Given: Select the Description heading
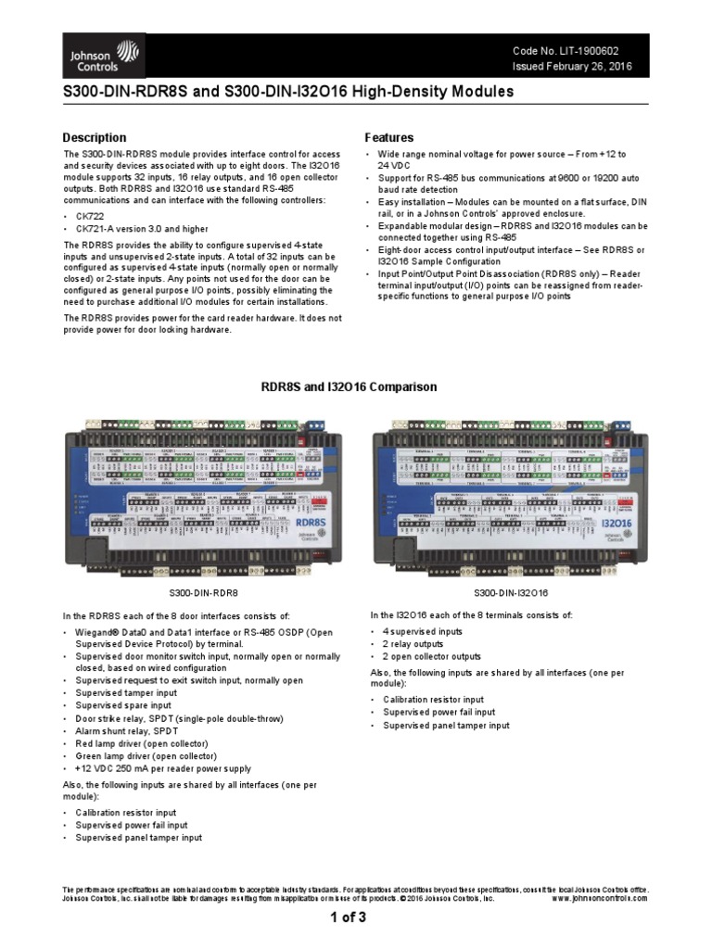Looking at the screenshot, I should pyautogui.click(x=95, y=138).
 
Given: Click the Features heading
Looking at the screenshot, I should pyautogui.click(x=389, y=138).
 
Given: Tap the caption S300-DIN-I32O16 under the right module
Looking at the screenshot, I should pyautogui.click(x=511, y=592).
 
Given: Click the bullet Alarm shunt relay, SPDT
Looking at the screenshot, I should pyautogui.click(x=135, y=731).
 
